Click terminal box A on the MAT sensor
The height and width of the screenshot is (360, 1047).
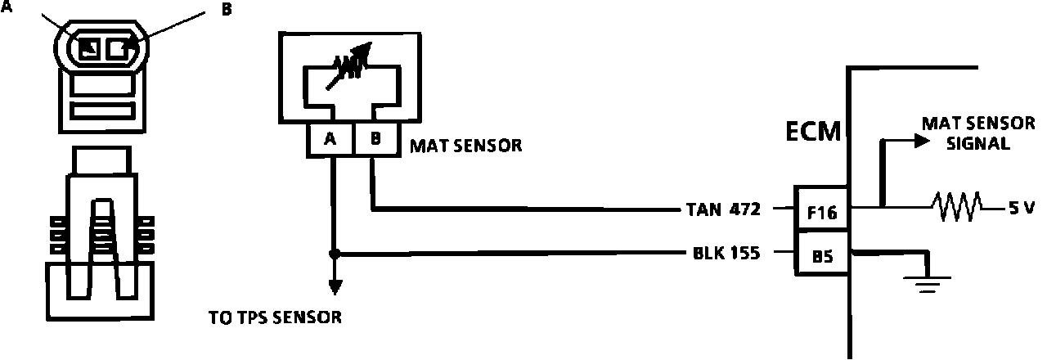pyautogui.click(x=331, y=140)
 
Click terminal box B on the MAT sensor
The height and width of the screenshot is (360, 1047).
pyautogui.click(x=375, y=140)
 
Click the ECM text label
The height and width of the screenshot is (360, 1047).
pyautogui.click(x=813, y=131)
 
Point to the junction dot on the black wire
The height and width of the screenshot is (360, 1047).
pyautogui.click(x=333, y=254)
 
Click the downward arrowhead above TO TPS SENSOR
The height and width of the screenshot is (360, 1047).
pyautogui.click(x=333, y=286)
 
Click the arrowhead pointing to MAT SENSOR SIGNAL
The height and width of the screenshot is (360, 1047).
pyautogui.click(x=922, y=141)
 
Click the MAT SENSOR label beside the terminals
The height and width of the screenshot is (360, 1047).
pyautogui.click(x=465, y=146)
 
